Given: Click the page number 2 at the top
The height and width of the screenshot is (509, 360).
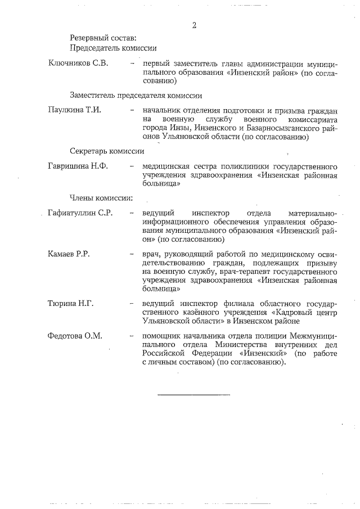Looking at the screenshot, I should coord(194,25).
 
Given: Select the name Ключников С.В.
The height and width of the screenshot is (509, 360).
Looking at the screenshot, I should coord(78,63).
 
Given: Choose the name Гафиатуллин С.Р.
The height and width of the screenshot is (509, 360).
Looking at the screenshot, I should coord(82,213).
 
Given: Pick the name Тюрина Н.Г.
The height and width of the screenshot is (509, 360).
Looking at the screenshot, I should coord(71,304).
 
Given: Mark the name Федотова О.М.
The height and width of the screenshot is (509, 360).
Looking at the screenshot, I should coord(75,336).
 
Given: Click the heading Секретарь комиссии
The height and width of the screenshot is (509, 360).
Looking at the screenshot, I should coord(107,151).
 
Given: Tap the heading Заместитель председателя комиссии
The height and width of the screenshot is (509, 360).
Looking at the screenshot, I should coord(136,95).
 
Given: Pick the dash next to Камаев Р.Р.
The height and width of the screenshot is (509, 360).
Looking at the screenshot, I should coord(132,254).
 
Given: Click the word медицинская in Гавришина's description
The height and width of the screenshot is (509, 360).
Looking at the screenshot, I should coord(167,167).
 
